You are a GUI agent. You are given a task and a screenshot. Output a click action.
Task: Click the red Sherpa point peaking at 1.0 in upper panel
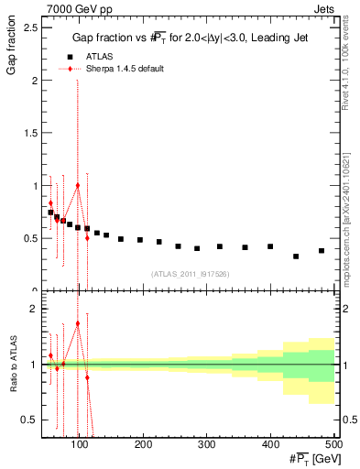(x=78, y=185)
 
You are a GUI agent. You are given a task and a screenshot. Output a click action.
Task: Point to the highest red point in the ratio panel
(x=78, y=323)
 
